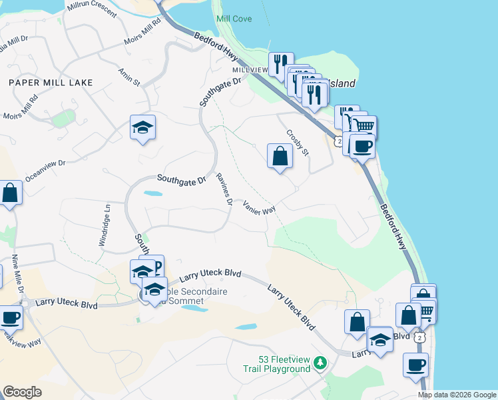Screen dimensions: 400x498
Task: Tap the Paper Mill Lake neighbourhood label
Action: click(51, 82)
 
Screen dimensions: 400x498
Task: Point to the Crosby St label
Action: click(298, 143)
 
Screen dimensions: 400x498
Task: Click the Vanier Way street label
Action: click(259, 207)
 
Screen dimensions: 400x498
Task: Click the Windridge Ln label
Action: click(104, 225)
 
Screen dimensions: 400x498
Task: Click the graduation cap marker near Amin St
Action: click(142, 127)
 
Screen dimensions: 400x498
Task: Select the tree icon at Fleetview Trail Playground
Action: click(321, 363)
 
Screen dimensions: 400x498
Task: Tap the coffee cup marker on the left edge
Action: click(9, 317)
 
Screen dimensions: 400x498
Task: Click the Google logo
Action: click(22, 392)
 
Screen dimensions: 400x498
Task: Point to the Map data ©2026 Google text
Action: click(457, 395)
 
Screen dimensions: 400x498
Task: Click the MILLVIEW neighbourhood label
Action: click(248, 70)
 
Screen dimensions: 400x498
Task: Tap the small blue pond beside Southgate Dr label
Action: click(152, 194)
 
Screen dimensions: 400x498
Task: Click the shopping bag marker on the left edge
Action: click(10, 194)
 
